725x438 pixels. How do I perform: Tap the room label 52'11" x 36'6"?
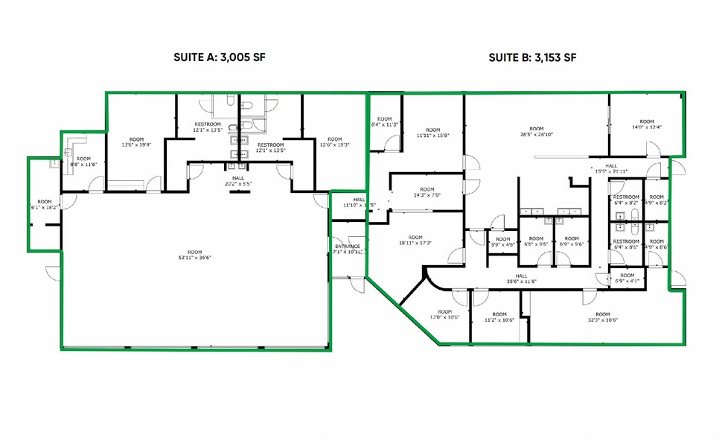click(195, 254)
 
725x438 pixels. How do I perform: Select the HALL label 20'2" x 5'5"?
click(238, 180)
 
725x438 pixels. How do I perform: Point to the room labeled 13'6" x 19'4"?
click(136, 142)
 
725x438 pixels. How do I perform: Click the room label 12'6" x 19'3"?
click(334, 142)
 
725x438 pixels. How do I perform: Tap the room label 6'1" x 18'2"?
click(45, 204)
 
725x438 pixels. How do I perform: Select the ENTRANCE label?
click(348, 249)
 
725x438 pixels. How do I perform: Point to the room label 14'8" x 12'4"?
click(646, 124)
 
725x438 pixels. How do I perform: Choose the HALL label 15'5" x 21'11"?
click(611, 168)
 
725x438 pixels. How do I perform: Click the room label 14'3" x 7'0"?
click(427, 192)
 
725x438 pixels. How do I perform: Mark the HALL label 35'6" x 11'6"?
click(521, 279)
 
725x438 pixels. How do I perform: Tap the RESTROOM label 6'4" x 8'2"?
click(625, 200)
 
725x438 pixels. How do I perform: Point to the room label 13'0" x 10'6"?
click(444, 314)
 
